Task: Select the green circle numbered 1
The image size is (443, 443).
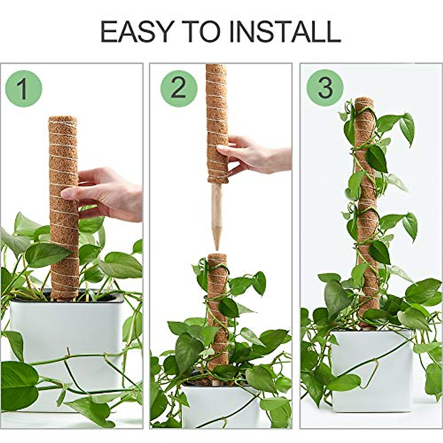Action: point(23,89)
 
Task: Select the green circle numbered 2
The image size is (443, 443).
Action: point(179,89)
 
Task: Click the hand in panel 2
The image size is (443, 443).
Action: point(258,155)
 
